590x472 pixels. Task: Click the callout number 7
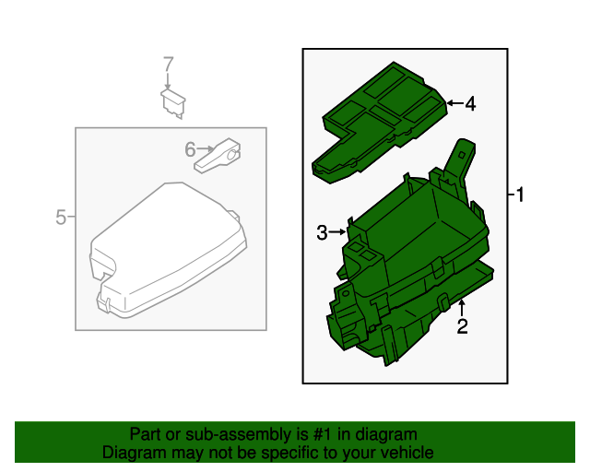pyautogui.click(x=168, y=64)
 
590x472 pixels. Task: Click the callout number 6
pyautogui.click(x=190, y=149)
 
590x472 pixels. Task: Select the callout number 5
pyautogui.click(x=61, y=218)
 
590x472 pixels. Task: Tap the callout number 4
pyautogui.click(x=470, y=103)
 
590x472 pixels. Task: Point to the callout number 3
pyautogui.click(x=322, y=232)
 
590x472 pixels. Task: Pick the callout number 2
pyautogui.click(x=462, y=326)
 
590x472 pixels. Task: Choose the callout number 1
pyautogui.click(x=520, y=195)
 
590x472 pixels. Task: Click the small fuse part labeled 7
pyautogui.click(x=173, y=103)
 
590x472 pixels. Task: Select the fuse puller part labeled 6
pyautogui.click(x=218, y=156)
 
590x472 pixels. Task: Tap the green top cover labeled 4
pyautogui.click(x=380, y=123)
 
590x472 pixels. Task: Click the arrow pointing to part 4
pyautogui.click(x=454, y=102)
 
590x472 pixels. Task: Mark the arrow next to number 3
pyautogui.click(x=337, y=232)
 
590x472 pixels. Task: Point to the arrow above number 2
pyautogui.click(x=462, y=307)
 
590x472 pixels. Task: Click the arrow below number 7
pyautogui.click(x=168, y=81)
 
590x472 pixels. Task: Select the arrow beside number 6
pyautogui.click(x=205, y=149)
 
